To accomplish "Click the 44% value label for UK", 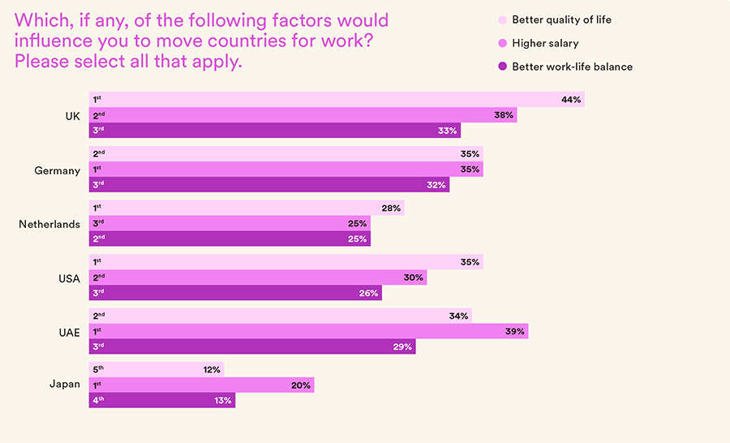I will click(x=570, y=100).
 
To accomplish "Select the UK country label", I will click(x=72, y=116).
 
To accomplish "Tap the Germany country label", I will click(x=57, y=170).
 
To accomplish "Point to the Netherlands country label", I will click(x=49, y=224).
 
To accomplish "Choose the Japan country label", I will click(x=65, y=384).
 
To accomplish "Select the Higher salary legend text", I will click(x=545, y=43).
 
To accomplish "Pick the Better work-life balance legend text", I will click(x=572, y=67).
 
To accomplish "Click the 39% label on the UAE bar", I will click(x=515, y=331).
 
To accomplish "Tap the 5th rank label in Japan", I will click(x=97, y=369).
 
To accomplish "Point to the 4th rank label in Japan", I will click(x=97, y=400).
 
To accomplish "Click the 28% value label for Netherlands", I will click(x=391, y=208).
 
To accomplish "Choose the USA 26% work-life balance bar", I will click(x=235, y=293).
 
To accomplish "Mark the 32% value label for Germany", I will click(x=436, y=185).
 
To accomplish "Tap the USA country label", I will click(x=69, y=278).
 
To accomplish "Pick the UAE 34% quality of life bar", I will click(x=280, y=316).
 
